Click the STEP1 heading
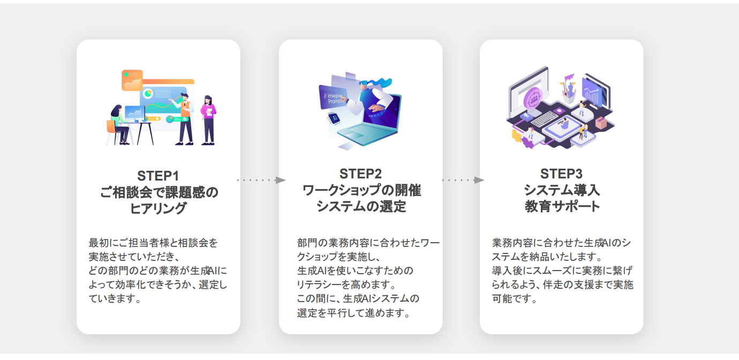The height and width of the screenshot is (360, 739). pos(158,176)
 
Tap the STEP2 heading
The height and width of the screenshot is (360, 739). pos(360,174)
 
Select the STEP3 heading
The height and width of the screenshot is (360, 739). pos(561,174)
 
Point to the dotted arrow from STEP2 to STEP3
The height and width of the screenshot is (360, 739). pos(462,180)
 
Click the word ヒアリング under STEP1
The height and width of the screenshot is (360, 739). pos(159,208)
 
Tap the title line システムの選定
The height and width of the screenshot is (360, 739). pos(361,206)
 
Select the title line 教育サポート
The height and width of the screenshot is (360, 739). pos(561,206)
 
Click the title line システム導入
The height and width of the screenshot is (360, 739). pos(561,190)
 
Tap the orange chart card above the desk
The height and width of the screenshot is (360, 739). pos(132,80)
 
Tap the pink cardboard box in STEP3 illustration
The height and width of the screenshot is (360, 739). pos(600,123)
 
